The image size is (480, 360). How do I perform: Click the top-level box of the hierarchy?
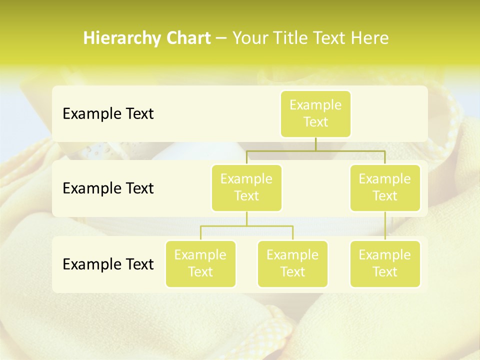click(x=315, y=114)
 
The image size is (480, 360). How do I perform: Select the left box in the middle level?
click(x=246, y=188)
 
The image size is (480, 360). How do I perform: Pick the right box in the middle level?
click(x=385, y=188)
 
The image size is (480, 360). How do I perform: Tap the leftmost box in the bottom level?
click(x=200, y=264)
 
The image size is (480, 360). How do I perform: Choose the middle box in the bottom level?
click(x=292, y=264)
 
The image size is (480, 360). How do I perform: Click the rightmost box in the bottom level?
click(x=385, y=264)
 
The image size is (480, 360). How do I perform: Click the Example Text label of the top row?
click(x=108, y=114)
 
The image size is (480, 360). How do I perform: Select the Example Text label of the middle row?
click(x=108, y=188)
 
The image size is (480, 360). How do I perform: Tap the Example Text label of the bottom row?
click(x=108, y=264)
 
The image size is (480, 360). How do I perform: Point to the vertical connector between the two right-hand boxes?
click(x=385, y=226)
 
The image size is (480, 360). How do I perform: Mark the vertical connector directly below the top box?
click(x=315, y=144)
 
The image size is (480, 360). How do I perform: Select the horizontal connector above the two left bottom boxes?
click(x=246, y=226)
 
